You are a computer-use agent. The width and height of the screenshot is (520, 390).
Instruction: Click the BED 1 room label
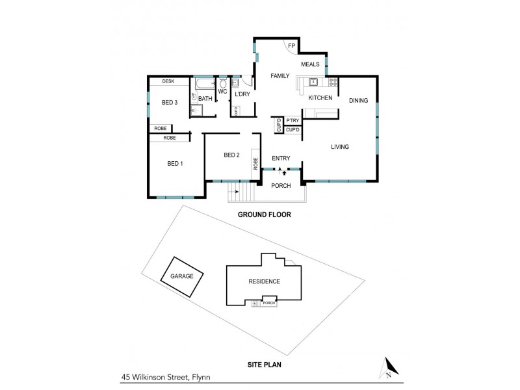click(175, 163)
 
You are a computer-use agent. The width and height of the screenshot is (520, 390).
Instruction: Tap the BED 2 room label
click(232, 155)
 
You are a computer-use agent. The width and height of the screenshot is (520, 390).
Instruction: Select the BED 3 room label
click(170, 103)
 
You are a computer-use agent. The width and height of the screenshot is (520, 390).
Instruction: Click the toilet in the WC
click(222, 84)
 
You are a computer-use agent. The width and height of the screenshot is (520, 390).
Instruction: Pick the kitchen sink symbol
click(313, 82)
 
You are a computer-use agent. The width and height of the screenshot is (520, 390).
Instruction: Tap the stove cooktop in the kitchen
click(332, 82)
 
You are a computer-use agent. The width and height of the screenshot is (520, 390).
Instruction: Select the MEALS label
click(311, 64)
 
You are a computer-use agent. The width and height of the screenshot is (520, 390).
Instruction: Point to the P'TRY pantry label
click(292, 120)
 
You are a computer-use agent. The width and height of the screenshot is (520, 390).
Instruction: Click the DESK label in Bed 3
click(168, 81)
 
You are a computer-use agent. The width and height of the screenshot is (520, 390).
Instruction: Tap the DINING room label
click(358, 100)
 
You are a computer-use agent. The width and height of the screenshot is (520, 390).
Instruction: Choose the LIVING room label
click(340, 147)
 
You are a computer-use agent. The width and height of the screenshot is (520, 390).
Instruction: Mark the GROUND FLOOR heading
click(263, 214)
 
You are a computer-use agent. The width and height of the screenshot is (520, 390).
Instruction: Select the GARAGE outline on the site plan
click(183, 276)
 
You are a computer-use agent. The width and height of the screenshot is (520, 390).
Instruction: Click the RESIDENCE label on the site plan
click(264, 281)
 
